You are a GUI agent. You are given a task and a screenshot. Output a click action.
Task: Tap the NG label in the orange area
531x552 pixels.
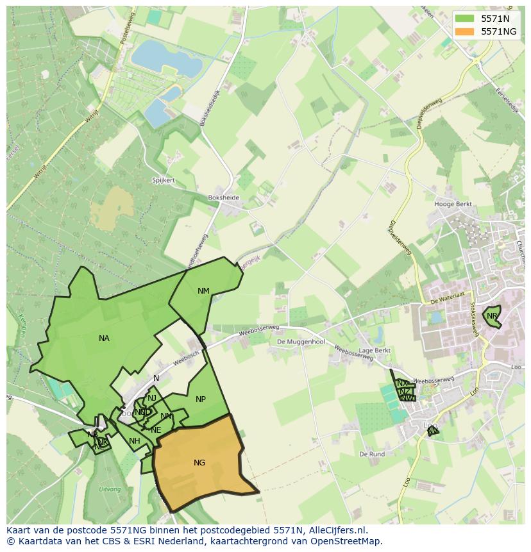[x=199, y=462]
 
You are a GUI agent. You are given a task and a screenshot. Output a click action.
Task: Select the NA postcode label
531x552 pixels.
[x=104, y=339]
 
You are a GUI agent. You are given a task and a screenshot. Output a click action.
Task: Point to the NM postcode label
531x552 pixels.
[x=203, y=291]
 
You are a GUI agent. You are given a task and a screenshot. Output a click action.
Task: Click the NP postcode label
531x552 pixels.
[x=201, y=399]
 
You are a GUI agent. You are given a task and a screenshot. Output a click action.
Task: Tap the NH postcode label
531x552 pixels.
[x=134, y=441]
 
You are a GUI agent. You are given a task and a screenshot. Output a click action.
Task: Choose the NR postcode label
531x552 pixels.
[x=492, y=316]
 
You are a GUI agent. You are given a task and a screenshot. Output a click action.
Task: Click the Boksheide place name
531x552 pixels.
[x=223, y=198]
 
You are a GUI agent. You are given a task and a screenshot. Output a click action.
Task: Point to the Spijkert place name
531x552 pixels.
[x=164, y=181]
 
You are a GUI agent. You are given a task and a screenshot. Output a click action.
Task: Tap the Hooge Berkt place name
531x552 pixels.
[x=453, y=205]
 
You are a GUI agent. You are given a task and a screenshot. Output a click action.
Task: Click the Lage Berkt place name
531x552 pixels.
[x=375, y=351]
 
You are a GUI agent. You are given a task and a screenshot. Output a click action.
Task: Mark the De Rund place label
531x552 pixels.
[x=372, y=454]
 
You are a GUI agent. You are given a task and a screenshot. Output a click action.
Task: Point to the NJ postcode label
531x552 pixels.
[x=152, y=398]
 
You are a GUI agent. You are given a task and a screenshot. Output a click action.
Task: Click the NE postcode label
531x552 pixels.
[x=156, y=430]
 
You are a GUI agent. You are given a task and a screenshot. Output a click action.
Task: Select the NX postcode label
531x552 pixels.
[x=402, y=383]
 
